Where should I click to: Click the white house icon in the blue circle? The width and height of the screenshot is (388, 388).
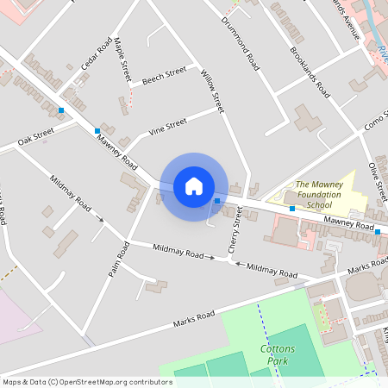[194, 186]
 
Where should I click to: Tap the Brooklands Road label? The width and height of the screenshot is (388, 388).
[310, 70]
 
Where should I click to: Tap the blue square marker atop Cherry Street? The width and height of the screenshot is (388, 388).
[217, 201]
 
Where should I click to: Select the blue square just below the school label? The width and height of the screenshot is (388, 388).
[292, 209]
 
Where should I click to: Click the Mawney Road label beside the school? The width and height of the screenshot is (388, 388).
[348, 224]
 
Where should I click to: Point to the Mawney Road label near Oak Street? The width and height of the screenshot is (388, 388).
[116, 152]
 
